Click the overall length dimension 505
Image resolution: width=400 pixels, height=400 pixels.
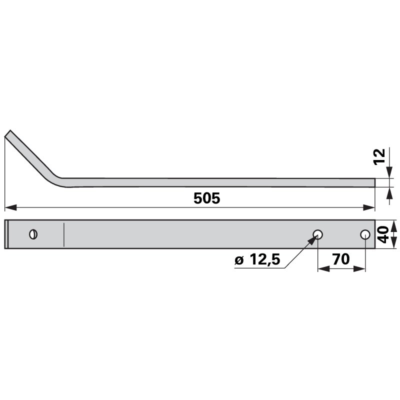coord(206,198)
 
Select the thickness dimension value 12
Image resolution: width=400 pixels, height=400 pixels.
coord(380,156)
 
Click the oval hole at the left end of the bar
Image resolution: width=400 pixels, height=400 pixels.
coord(33,234)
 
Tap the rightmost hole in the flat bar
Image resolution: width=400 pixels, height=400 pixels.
coord(365,234)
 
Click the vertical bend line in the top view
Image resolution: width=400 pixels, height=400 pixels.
coord(63,234)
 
